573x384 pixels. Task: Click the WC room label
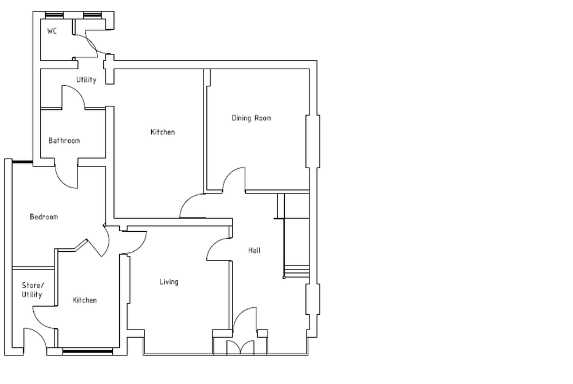coord(52,31)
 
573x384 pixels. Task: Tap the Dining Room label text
coord(251,118)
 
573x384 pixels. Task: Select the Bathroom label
coord(64,141)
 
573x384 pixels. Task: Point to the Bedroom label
coord(44,217)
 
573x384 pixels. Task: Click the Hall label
coord(254,251)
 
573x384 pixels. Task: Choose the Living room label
coord(169,282)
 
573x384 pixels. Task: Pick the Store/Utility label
coord(32,290)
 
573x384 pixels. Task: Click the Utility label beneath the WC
coord(87,80)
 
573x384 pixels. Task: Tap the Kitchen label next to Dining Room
coord(162,133)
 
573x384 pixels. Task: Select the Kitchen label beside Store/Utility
coord(84,300)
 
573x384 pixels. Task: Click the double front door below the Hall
coord(241,347)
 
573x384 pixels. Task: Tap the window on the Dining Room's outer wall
coord(313,141)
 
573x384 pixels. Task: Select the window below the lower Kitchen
coord(87,351)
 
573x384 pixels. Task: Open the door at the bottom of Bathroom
coord(66,177)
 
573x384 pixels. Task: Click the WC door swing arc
coord(89,45)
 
